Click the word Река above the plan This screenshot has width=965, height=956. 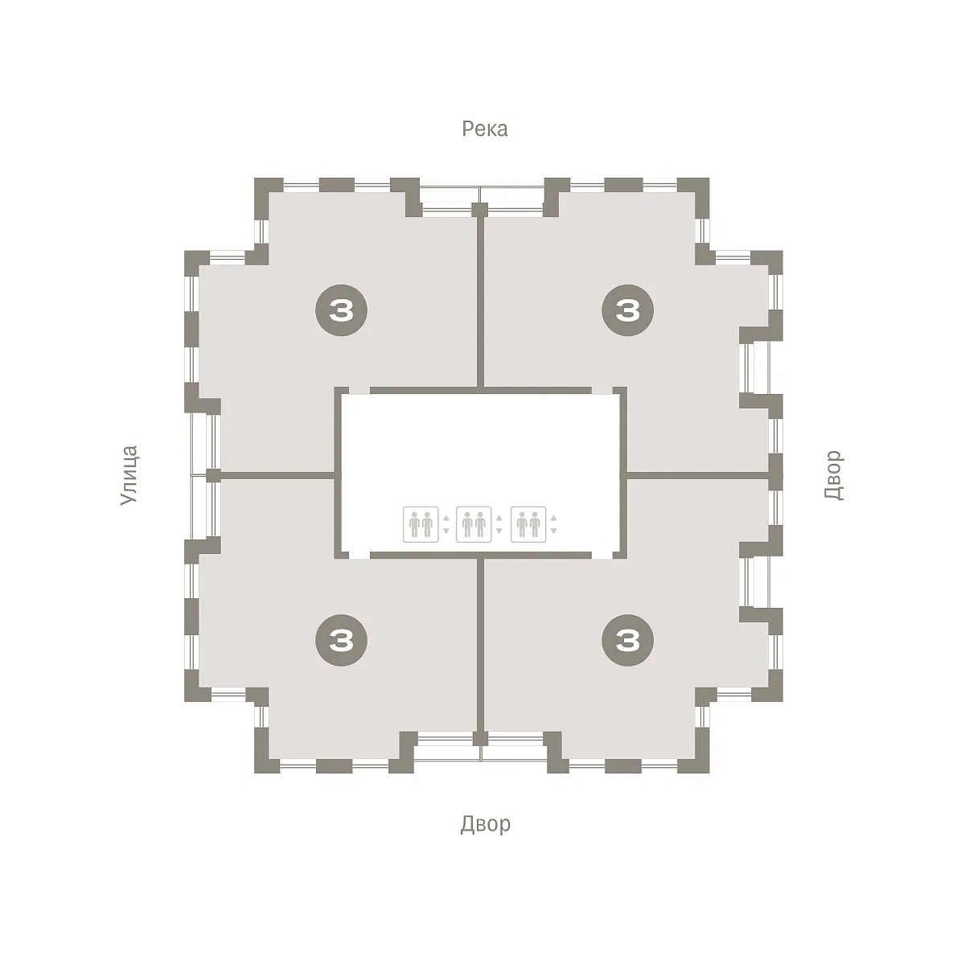(x=484, y=129)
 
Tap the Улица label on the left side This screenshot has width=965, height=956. (x=129, y=475)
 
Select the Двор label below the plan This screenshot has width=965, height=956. (x=485, y=823)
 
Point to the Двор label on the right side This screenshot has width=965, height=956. (x=833, y=474)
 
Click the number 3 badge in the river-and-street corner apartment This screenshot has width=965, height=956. (x=341, y=310)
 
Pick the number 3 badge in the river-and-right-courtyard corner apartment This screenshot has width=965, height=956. (x=627, y=310)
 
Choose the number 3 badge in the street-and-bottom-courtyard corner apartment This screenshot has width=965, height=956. (x=341, y=640)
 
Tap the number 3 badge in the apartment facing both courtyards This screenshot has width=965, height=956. (x=627, y=640)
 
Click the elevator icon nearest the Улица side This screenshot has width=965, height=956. (x=421, y=524)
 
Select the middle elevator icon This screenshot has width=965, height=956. (x=474, y=524)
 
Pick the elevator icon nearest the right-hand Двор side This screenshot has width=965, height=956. (x=528, y=524)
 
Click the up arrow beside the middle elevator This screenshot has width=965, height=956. (x=499, y=518)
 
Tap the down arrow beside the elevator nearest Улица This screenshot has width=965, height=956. (x=446, y=531)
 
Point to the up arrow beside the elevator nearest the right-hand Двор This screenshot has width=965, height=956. (x=553, y=518)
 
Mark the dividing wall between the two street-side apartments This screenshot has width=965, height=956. (x=278, y=475)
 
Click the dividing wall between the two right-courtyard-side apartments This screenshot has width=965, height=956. (x=698, y=475)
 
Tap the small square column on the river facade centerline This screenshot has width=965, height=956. (x=480, y=210)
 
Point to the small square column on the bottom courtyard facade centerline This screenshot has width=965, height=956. (x=480, y=739)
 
